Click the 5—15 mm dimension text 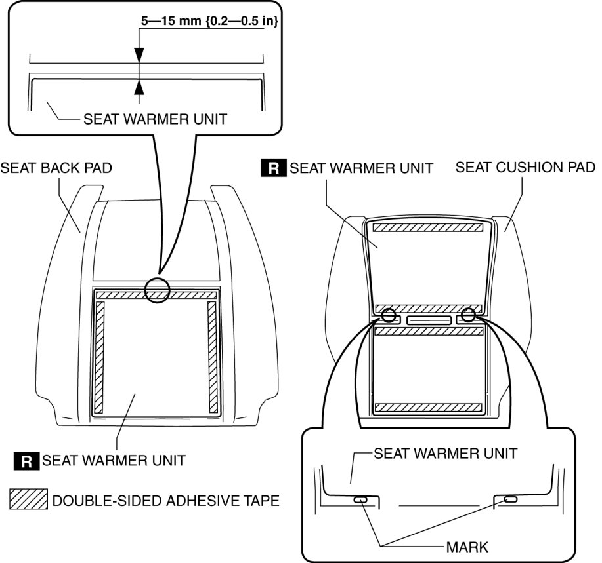(x=211, y=21)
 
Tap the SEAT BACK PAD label (x=56, y=168)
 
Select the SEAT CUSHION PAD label (x=525, y=166)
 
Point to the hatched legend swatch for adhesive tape (x=29, y=500)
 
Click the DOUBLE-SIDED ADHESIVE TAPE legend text (x=165, y=501)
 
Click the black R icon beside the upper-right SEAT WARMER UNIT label (x=274, y=168)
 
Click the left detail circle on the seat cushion (x=389, y=316)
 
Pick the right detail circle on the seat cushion (x=468, y=315)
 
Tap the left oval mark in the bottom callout (x=361, y=501)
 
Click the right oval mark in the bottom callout (x=510, y=500)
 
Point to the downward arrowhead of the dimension (x=139, y=57)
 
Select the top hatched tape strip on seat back (x=156, y=296)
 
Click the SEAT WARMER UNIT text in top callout (x=155, y=119)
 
